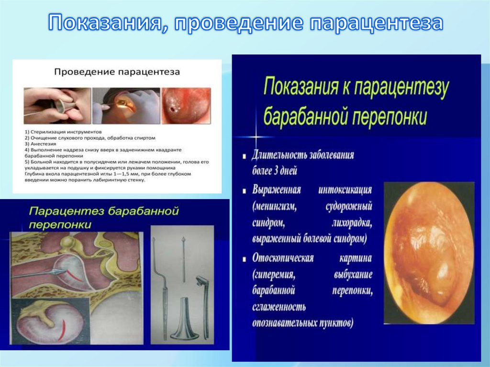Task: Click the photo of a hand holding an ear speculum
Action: (x=57, y=105)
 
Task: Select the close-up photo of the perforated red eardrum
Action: (x=186, y=106)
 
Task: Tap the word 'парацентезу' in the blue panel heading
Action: (x=399, y=89)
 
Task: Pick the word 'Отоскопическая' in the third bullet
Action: (x=283, y=258)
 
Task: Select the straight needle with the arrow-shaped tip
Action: (x=184, y=258)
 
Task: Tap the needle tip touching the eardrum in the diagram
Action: (x=62, y=271)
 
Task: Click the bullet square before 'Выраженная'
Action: (x=245, y=190)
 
